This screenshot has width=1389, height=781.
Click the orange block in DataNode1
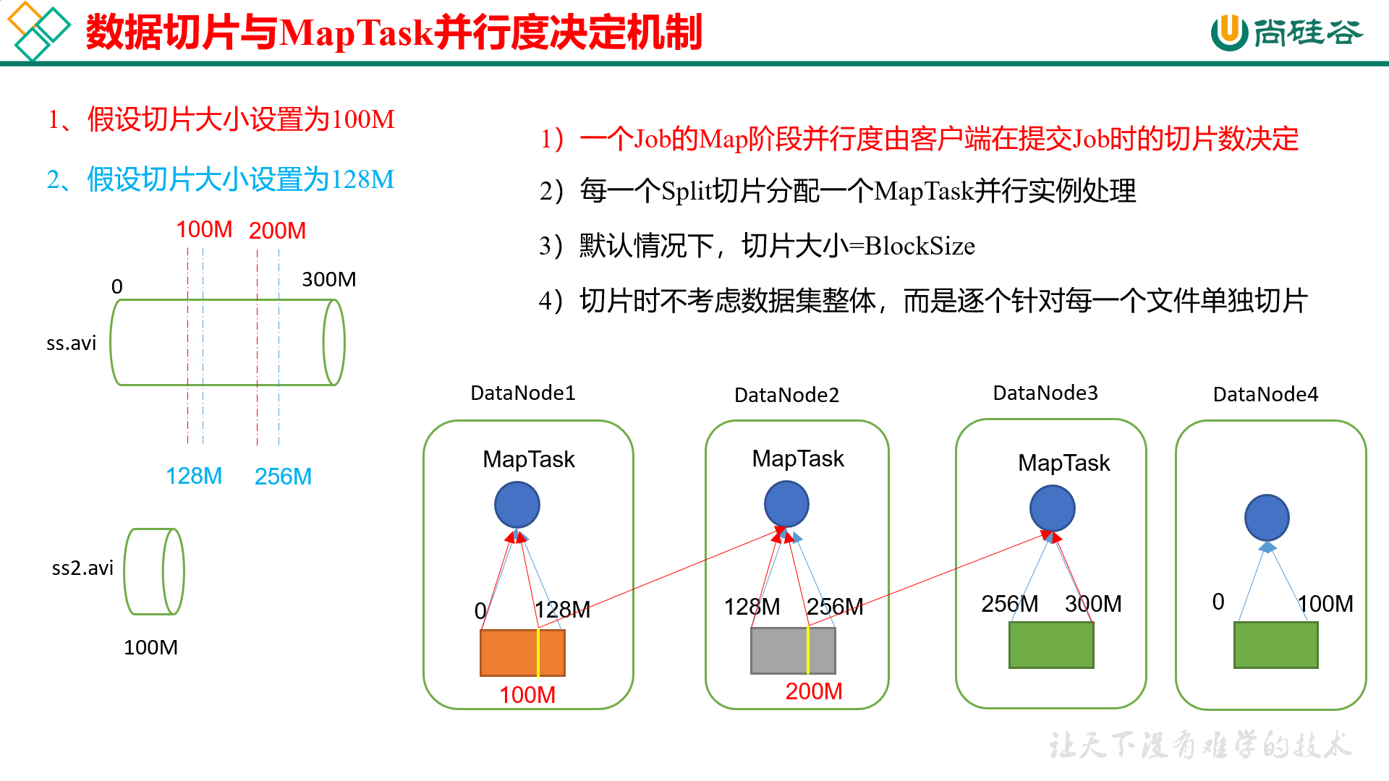(522, 652)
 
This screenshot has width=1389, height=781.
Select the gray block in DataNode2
(793, 650)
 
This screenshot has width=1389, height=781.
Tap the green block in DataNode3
(1051, 644)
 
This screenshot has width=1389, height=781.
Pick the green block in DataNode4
(1275, 644)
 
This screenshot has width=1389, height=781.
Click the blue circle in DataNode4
(1267, 518)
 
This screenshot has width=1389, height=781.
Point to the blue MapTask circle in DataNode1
(517, 505)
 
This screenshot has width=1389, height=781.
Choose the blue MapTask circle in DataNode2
(786, 503)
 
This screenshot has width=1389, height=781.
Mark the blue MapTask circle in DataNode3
(1052, 508)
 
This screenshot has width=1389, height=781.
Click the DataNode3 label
(1045, 393)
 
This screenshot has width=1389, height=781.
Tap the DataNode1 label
(522, 393)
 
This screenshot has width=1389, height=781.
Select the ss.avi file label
(71, 343)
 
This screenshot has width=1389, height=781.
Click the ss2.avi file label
(82, 568)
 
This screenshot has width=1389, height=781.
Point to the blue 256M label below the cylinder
(283, 477)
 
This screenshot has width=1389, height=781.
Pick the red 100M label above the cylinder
(204, 230)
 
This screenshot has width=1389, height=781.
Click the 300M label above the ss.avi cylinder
(328, 279)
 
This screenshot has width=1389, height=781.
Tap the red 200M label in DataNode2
(814, 691)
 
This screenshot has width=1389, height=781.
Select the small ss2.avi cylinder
(154, 571)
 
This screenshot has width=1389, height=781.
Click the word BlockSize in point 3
(919, 246)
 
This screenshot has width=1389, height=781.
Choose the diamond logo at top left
(38, 30)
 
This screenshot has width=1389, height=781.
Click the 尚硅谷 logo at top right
(1286, 33)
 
